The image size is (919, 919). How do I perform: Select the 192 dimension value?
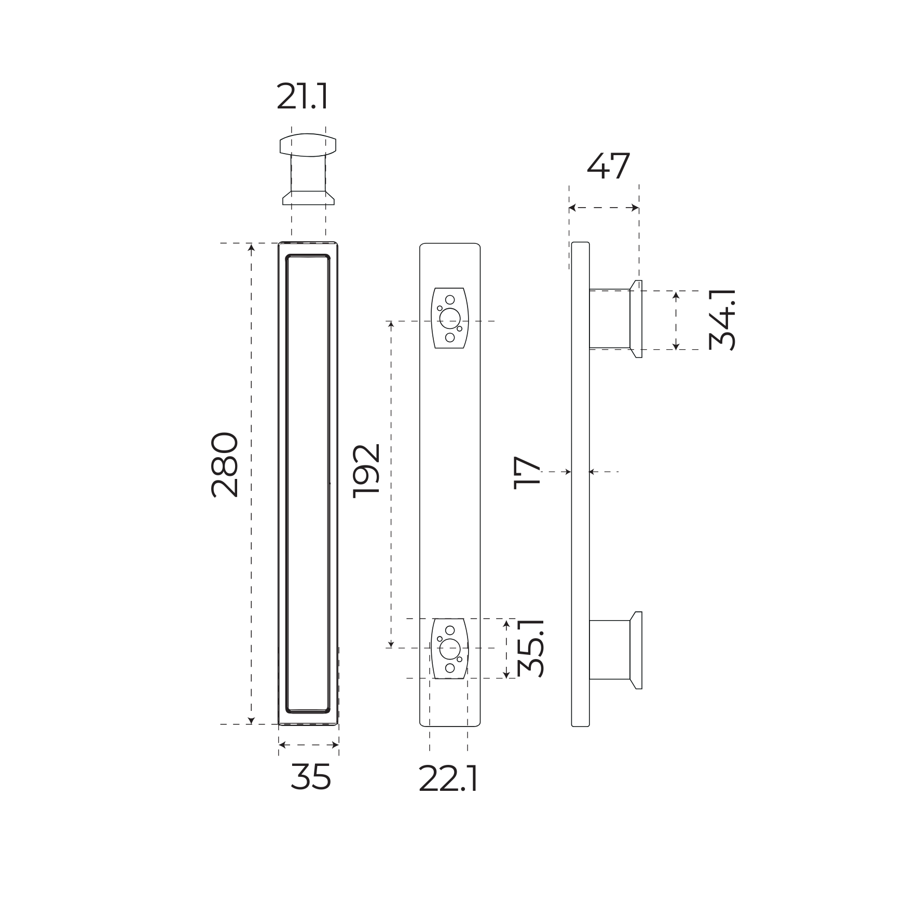click(x=366, y=471)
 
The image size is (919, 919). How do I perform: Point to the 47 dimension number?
click(x=608, y=167)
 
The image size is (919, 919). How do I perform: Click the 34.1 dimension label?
click(x=722, y=320)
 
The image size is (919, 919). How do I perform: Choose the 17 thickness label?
click(x=527, y=473)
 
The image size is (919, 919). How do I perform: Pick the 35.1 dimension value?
click(x=531, y=648)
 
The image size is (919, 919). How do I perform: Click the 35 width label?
click(x=310, y=777)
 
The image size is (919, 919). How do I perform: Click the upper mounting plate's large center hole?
click(x=449, y=318)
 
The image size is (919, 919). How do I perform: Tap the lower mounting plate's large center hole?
click(x=449, y=649)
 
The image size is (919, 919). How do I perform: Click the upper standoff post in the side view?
click(x=610, y=319)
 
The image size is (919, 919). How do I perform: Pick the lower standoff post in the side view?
click(x=610, y=650)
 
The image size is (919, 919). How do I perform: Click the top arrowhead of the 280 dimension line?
click(x=252, y=248)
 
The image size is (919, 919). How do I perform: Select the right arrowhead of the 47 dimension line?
click(x=635, y=208)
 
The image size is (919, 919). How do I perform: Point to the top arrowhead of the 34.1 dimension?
click(x=676, y=295)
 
